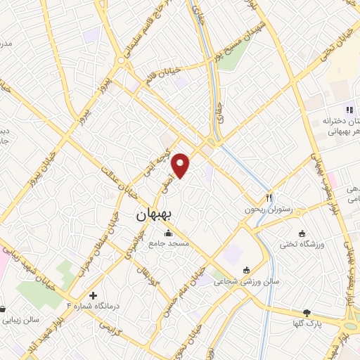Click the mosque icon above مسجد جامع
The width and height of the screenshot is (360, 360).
tap(167, 233)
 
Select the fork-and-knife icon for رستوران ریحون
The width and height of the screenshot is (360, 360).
tap(269, 198)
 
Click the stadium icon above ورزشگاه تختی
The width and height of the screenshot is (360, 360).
tap(302, 233)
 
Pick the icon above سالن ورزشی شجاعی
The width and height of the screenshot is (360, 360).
tap(246, 270)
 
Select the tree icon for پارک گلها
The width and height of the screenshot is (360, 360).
tap(307, 313)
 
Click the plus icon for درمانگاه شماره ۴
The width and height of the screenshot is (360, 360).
tap(93, 295)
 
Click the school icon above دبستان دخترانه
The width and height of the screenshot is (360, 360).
tap(347, 109)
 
